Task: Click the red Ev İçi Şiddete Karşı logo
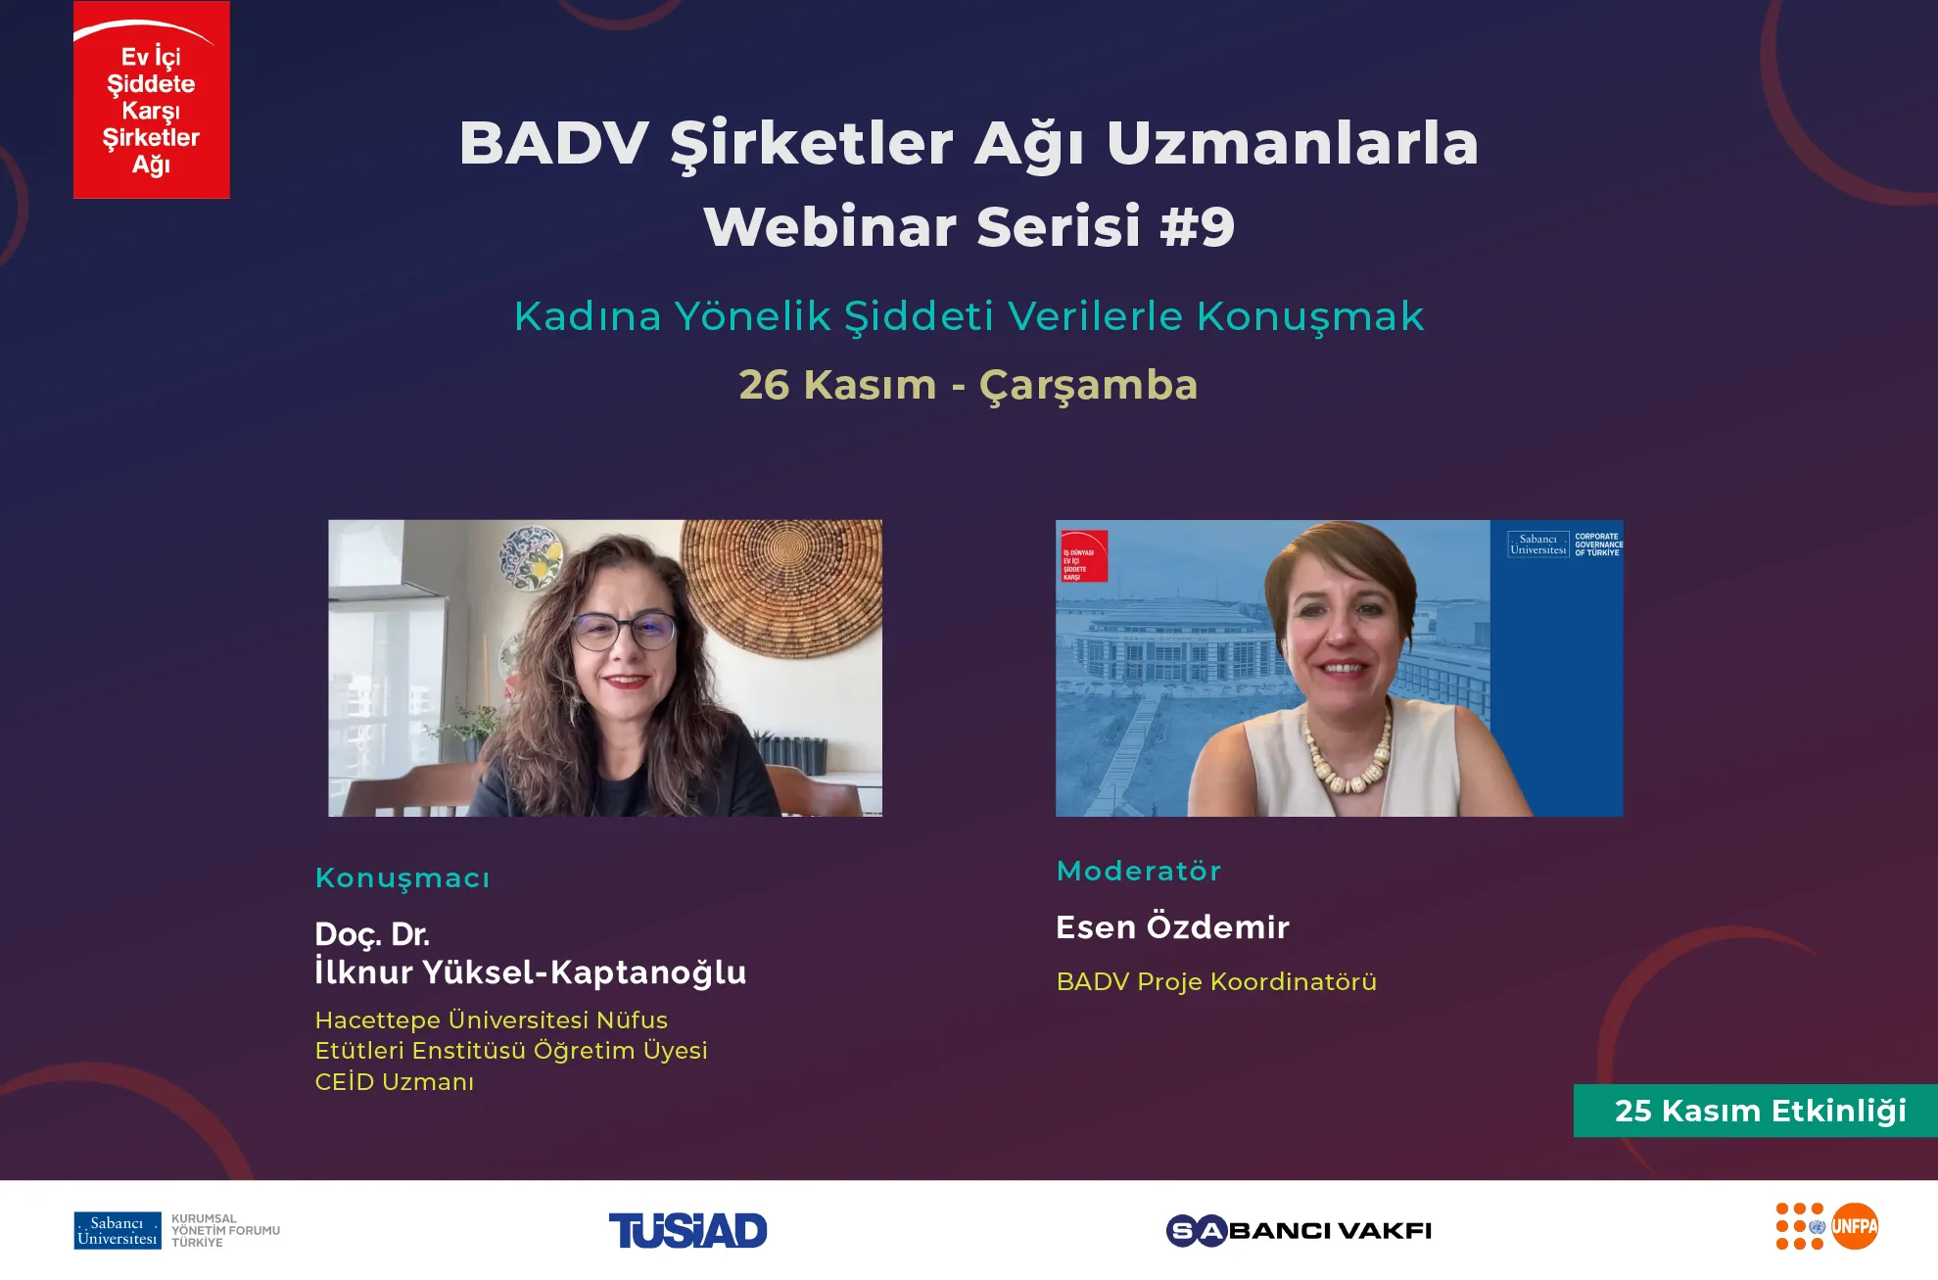152,100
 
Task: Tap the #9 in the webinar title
1197,227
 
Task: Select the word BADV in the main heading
553,143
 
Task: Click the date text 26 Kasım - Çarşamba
968,385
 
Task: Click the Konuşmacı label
402,877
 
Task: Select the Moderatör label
1138,871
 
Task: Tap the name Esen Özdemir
1172,926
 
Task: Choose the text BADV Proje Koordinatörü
1216,981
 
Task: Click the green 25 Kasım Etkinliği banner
1755,1111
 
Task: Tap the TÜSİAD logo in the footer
687,1230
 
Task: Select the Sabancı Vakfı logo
1299,1230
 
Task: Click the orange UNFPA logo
1854,1226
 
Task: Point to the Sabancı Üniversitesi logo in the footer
118,1230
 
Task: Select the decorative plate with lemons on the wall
530,556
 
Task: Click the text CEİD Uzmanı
395,1082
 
